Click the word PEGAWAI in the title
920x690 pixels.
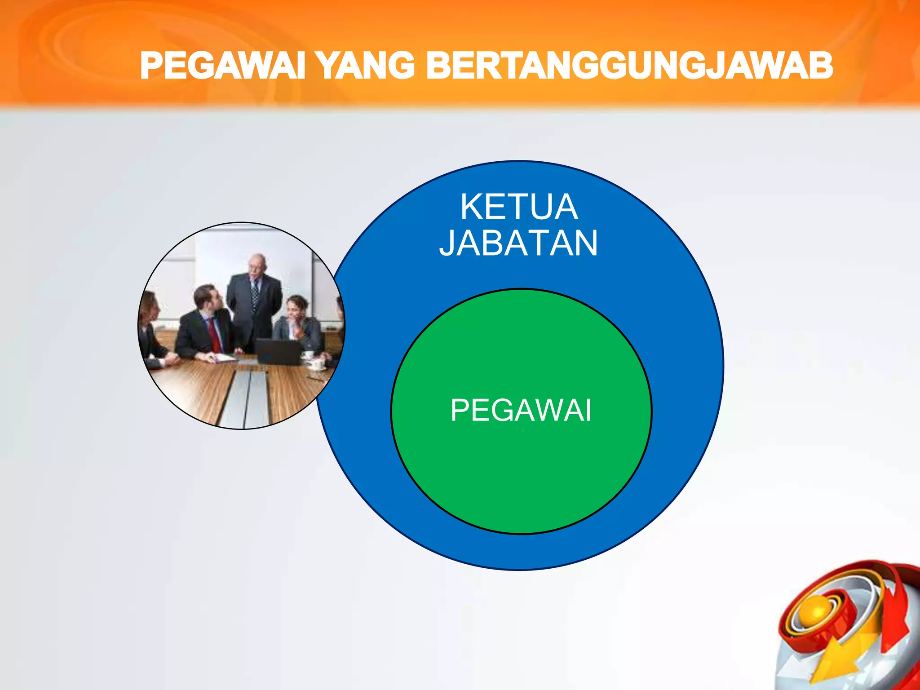click(223, 66)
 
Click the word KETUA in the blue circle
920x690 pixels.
click(519, 207)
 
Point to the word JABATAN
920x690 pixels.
click(519, 243)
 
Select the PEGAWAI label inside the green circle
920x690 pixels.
click(521, 411)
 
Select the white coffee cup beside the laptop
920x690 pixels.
click(309, 355)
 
